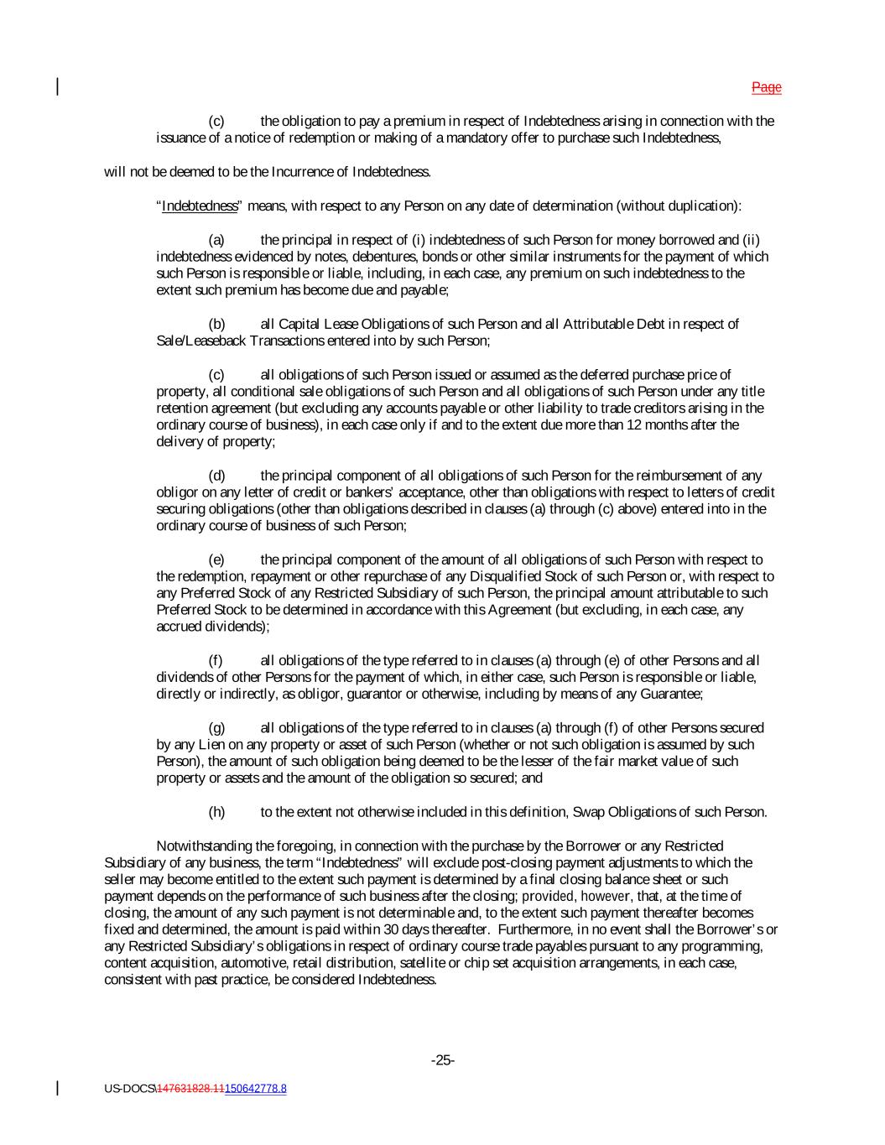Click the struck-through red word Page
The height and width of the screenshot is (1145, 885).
tap(766, 87)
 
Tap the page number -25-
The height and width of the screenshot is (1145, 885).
tap(443, 1060)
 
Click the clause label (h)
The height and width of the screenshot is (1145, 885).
tap(216, 812)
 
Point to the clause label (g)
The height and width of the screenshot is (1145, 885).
tap(216, 728)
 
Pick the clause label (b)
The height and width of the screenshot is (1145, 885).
tap(216, 324)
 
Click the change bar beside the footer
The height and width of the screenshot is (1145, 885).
tap(57, 1088)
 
